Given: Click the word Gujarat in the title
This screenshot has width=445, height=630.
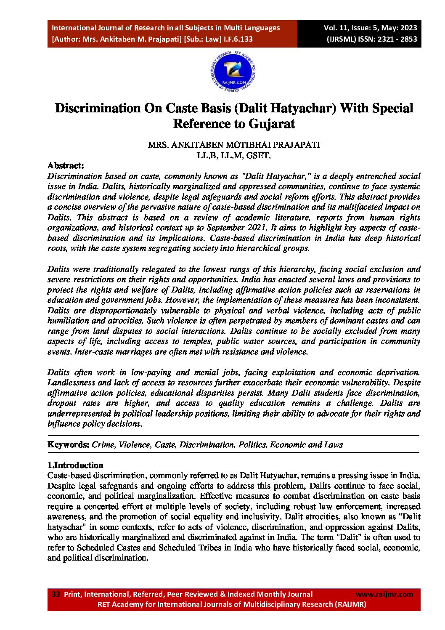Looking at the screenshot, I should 272,124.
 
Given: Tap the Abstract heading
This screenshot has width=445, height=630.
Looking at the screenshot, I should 66,165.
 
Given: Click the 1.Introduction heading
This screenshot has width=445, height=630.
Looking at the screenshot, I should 75,465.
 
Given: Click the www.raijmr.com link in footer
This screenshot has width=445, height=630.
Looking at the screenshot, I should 384,594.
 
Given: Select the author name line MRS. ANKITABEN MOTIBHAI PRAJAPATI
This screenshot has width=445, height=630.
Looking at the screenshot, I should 233,145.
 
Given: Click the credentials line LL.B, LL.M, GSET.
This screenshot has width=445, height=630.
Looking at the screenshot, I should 233,155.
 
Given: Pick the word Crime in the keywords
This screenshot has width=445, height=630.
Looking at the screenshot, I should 103,444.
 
